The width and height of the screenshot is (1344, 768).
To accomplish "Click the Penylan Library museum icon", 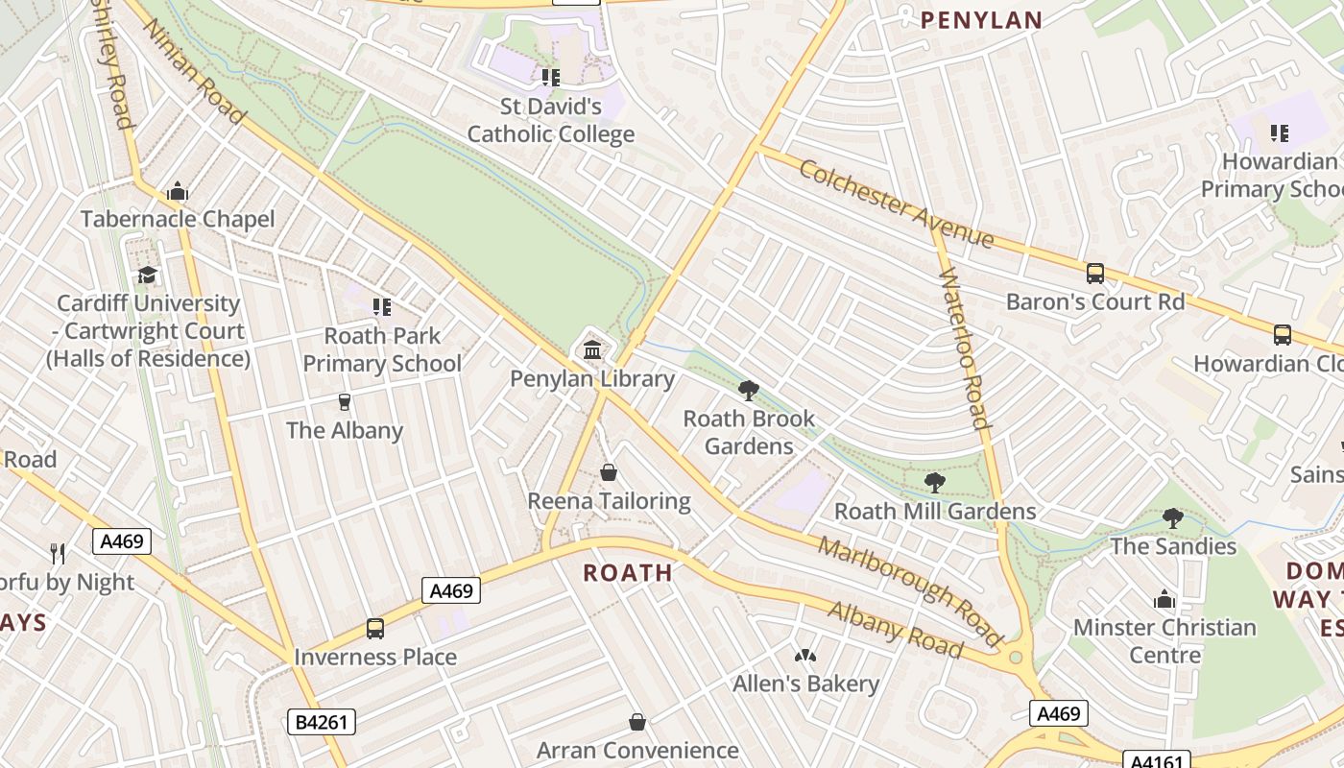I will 592,349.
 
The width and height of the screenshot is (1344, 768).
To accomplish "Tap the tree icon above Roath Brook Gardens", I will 749,390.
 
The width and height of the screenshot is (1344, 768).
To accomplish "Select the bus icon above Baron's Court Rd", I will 1095,274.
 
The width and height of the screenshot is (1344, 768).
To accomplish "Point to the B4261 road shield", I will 322,722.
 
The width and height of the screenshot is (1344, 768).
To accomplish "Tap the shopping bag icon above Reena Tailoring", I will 609,472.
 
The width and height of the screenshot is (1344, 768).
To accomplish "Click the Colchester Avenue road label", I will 896,204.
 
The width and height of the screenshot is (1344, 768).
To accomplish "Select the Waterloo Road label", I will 963,349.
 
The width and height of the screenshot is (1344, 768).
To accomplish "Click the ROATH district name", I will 628,573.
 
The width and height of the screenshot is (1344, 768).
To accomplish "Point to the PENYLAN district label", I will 981,20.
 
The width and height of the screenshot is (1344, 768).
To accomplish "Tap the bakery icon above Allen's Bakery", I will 804,656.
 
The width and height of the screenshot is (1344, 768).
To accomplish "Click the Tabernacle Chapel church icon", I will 177,192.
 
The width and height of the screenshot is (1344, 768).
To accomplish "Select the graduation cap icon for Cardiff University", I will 147,276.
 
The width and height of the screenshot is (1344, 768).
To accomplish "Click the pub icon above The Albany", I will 345,401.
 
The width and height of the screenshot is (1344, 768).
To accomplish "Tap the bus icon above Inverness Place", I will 375,629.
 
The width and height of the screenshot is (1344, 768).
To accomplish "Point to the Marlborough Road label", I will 909,590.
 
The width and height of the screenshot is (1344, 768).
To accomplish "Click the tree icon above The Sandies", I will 1172,518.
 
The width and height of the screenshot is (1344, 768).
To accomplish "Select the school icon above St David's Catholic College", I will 550,77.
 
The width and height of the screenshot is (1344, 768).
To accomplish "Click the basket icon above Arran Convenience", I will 637,722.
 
